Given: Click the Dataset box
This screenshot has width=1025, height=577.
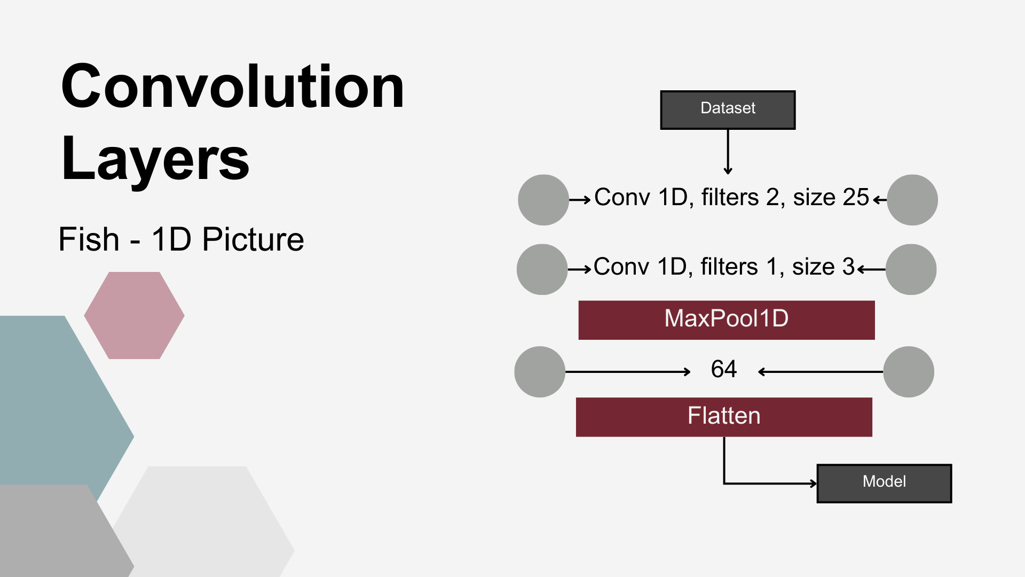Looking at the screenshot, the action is coord(728,110).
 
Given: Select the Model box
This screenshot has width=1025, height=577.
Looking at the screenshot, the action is coord(884,483).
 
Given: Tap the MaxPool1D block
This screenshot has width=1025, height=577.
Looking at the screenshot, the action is coord(727,320).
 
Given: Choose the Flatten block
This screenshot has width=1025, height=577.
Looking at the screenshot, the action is coord(724,417).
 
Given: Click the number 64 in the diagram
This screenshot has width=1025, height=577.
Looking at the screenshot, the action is coord(724,369).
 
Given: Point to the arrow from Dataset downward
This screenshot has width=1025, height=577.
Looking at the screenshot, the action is coord(728,152).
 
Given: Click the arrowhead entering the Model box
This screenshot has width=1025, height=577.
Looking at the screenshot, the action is coord(814,484).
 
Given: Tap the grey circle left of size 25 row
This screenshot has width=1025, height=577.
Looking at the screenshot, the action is coord(543,200).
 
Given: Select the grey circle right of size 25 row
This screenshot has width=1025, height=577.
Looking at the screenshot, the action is coord(912,200).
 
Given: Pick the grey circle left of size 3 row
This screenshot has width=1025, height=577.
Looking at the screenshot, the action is coord(542,269).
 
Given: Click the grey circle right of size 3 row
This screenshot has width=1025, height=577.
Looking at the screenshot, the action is coord(911,269).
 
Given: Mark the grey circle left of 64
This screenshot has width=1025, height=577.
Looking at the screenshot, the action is coord(540,372).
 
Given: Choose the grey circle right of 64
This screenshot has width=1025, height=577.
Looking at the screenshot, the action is coord(909,372).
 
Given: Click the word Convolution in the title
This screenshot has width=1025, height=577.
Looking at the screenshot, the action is coord(233,87).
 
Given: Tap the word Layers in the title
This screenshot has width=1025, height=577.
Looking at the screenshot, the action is coord(155,159).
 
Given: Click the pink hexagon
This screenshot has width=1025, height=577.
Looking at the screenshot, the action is coord(135,315).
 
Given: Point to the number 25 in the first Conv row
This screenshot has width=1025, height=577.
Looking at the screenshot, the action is coord(856,197).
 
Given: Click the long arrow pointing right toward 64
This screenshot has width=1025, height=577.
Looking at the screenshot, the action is coord(628,372).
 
